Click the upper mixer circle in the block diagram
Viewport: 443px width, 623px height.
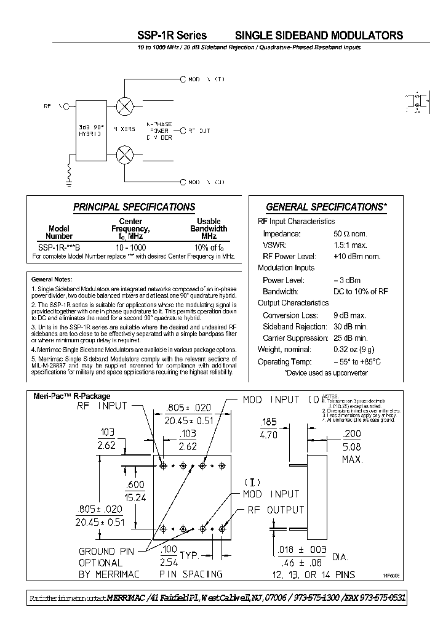[x=125, y=105]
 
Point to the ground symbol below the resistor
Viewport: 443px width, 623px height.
[x=69, y=181]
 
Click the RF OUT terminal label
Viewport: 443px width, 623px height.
[x=198, y=131]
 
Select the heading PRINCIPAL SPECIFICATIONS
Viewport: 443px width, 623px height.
[x=134, y=207]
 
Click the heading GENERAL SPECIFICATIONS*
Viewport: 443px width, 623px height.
[x=326, y=207]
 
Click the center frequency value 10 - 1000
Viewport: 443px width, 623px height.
[x=130, y=246]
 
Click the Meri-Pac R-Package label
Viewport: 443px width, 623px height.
[x=71, y=397]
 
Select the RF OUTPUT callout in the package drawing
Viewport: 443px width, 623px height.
[x=276, y=510]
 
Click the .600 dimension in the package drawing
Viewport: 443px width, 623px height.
[x=137, y=485]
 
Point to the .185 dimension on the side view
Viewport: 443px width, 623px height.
[x=269, y=422]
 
